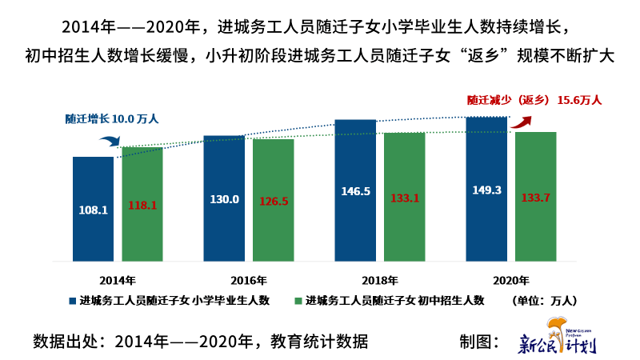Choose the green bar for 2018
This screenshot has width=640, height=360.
click(x=404, y=196)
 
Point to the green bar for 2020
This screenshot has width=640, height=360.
click(x=535, y=196)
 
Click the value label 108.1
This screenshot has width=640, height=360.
click(x=94, y=210)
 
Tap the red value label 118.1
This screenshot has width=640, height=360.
click(x=142, y=206)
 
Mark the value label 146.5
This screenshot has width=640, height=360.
click(x=355, y=192)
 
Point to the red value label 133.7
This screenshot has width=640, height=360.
click(x=535, y=198)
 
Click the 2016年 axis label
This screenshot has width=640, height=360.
click(x=249, y=280)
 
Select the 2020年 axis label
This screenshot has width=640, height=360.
click(x=510, y=280)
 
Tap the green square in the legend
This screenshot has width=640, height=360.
click(x=298, y=301)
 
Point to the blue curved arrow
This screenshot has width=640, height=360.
click(x=110, y=142)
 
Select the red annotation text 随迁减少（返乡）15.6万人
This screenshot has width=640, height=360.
click(x=534, y=101)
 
